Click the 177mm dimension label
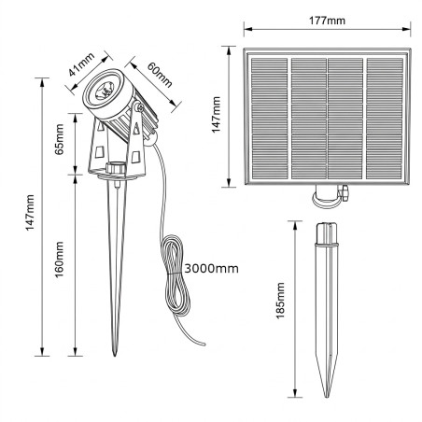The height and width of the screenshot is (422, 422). tap(327, 21)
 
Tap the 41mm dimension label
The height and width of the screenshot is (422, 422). tap(81, 64)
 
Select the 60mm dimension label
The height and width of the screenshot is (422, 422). tap(160, 75)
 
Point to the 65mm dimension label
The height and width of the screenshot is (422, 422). tap(59, 139)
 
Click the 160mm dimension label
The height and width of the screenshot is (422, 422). tap(59, 260)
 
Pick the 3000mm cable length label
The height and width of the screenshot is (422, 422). tap(212, 268)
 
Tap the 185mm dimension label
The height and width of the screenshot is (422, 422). tap(280, 301)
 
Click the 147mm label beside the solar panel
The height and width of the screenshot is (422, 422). tap(216, 115)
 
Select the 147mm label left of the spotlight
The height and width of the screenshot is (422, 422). tap(30, 213)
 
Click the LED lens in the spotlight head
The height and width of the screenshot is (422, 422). tap(105, 89)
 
